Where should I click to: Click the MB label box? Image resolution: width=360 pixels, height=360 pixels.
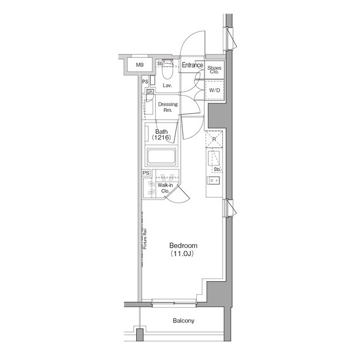139,66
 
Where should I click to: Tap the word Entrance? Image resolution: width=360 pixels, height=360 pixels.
192,65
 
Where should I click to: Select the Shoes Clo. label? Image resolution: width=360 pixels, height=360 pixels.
215,70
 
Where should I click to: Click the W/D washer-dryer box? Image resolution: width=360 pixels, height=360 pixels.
215,90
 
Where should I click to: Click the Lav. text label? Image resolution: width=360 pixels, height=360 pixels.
167,85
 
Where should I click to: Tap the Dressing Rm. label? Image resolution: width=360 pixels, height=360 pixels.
168,107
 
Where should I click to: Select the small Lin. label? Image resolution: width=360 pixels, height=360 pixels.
150,91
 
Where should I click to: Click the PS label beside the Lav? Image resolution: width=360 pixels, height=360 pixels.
145,82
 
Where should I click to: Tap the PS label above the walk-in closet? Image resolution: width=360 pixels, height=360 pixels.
146,173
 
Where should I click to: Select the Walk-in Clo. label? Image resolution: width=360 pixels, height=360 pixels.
165,188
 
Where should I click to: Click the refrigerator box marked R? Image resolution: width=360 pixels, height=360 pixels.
214,138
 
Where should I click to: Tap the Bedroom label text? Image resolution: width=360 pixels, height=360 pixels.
183,246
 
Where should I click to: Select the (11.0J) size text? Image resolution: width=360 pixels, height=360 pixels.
183,254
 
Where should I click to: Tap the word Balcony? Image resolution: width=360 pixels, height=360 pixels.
183,321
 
